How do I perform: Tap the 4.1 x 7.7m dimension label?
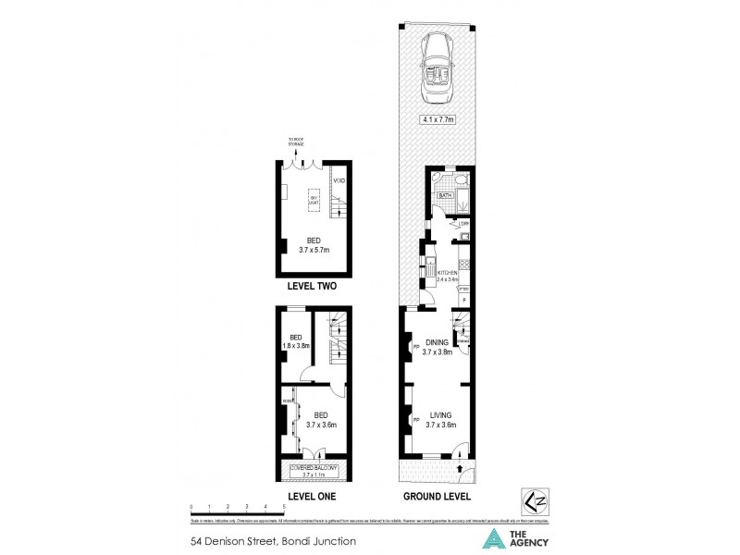[438, 119]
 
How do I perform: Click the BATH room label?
[444, 196]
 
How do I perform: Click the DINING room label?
[437, 342]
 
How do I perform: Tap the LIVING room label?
[439, 416]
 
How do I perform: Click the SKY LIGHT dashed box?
[314, 201]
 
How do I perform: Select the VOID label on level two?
[339, 179]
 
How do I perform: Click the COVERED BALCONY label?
[316, 469]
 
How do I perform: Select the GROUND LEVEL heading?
[437, 497]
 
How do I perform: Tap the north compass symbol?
[533, 498]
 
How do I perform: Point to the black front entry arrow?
[461, 468]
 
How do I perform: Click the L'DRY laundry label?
[464, 223]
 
